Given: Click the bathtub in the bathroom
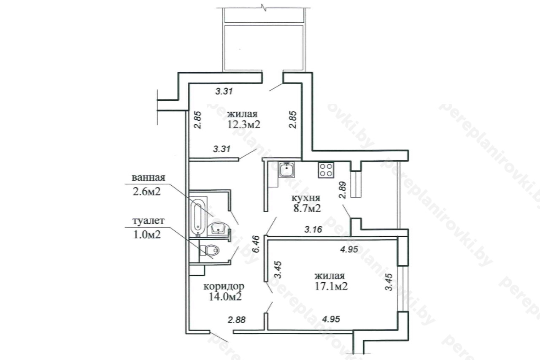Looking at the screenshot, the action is tap(198, 217).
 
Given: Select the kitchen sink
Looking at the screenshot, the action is tap(286, 170).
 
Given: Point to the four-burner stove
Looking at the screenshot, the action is tap(326, 170).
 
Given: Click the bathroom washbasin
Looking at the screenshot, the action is tap(219, 229).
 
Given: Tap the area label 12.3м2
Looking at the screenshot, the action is tap(244, 125).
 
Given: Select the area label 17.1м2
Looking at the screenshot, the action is tap(331, 286).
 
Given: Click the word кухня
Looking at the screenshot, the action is tap(306, 198).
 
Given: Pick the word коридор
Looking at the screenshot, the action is tap(224, 287).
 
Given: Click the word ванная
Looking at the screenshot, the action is tap(148, 178).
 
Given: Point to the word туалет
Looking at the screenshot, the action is tap(148, 221).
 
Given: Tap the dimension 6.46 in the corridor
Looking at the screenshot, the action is tap(256, 244).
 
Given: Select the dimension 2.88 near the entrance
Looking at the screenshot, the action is tap(237, 320).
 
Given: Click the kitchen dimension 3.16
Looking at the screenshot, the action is tap(313, 229).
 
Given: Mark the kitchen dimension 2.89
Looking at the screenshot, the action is tap(342, 190).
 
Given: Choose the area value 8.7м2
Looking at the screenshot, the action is tap(307, 208).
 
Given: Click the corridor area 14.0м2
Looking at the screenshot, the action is tap(225, 297).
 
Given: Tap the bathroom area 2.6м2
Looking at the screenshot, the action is tap(146, 192).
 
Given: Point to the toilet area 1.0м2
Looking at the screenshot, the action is tap(147, 234).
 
